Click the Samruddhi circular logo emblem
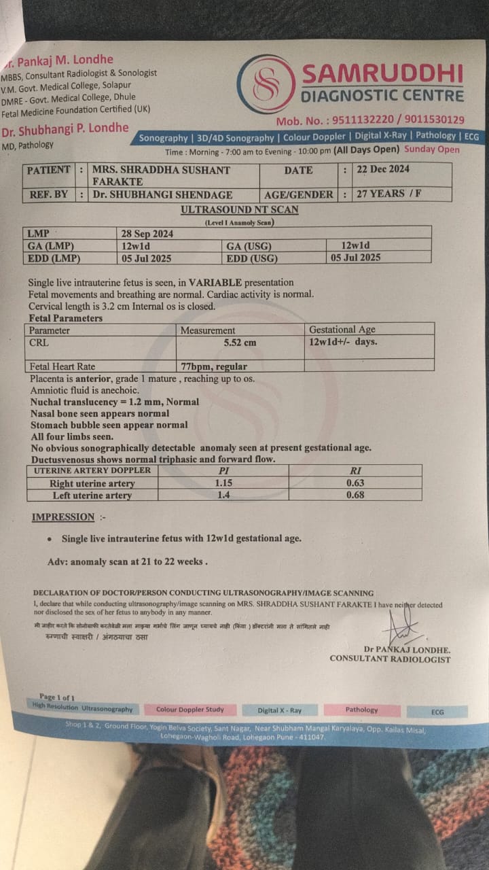coord(266,84)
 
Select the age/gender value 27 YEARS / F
coord(389,194)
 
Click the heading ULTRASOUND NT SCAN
coord(240,210)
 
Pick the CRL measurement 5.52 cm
coord(240,343)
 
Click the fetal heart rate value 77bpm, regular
coord(213,366)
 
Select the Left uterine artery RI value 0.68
coord(355,495)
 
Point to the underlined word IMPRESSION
coord(63,517)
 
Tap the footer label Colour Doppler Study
coord(189,710)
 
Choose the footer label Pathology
coord(361,710)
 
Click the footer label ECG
coord(437,712)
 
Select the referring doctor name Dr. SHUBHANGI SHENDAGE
coord(162,194)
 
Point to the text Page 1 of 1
coord(57,697)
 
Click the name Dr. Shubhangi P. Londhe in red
coord(65,128)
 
